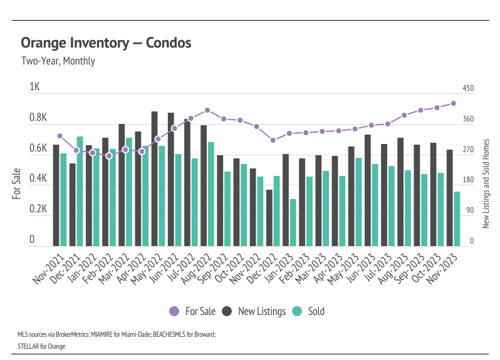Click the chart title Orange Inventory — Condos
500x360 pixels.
(x=106, y=43)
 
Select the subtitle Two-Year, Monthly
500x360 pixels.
(x=58, y=61)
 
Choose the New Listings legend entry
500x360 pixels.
(x=255, y=311)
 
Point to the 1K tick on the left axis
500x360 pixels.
(x=34, y=88)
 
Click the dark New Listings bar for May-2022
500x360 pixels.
(x=154, y=178)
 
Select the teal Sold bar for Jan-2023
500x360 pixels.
(x=293, y=222)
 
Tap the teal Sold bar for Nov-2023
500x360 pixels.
(x=457, y=219)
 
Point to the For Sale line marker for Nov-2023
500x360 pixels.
(x=453, y=103)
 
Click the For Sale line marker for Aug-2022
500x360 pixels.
(x=207, y=110)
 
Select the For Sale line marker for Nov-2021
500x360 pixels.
(x=60, y=136)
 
